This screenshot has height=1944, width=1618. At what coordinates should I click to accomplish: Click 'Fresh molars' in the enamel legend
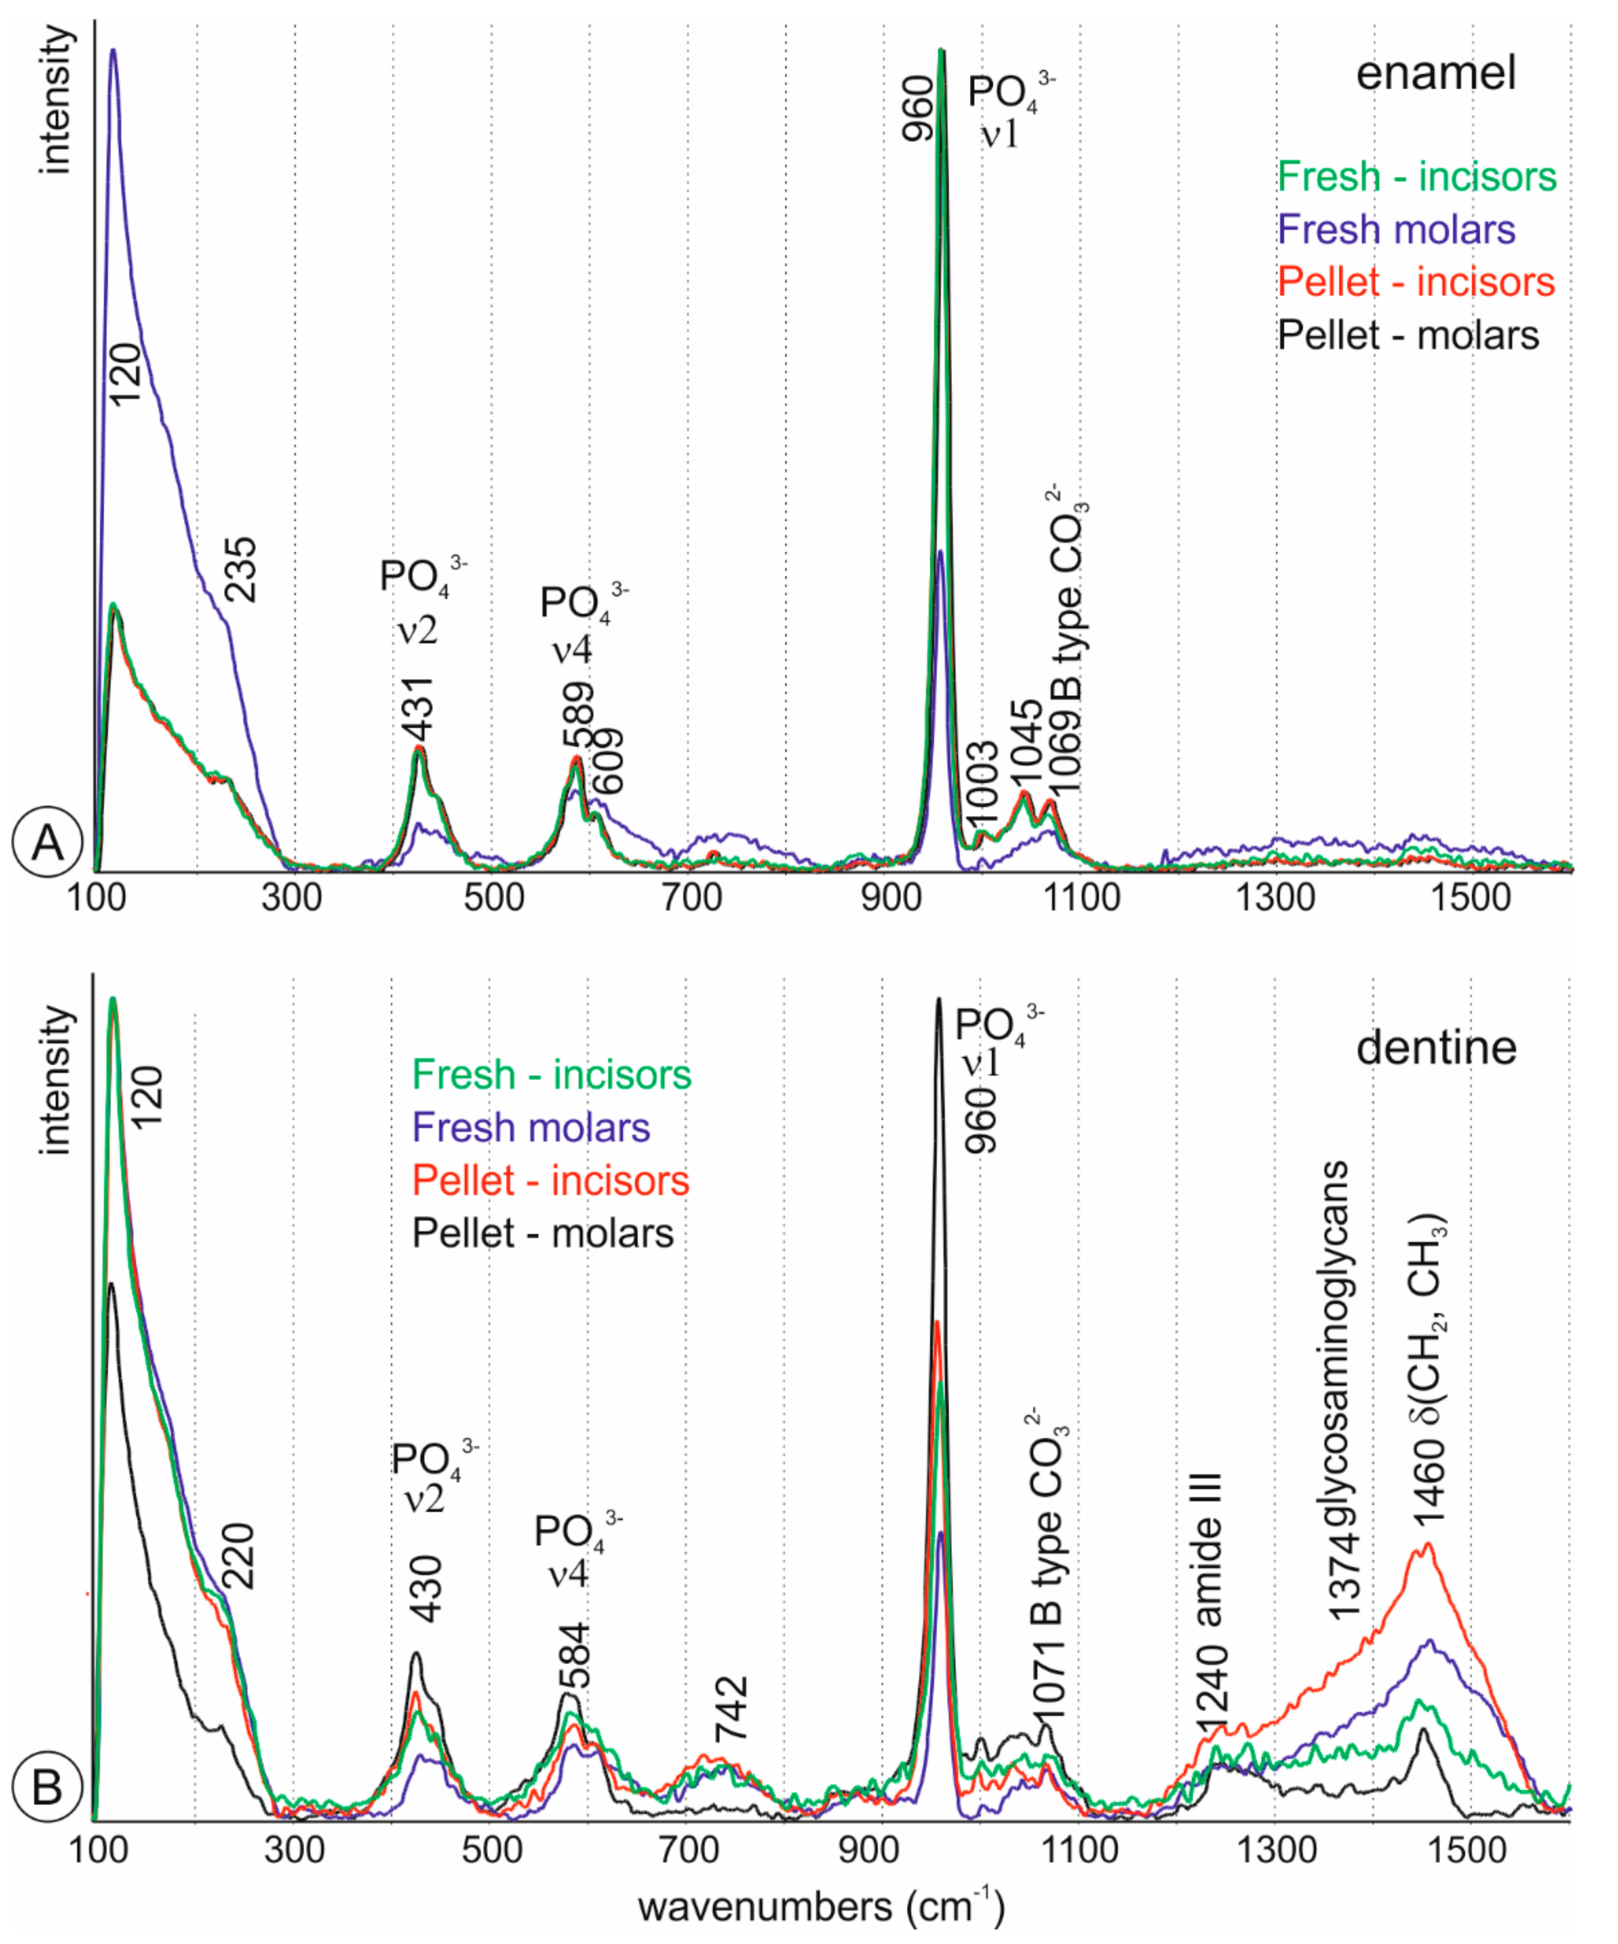pyautogui.click(x=1396, y=230)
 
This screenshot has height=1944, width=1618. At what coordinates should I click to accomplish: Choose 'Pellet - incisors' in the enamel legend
pyautogui.click(x=1416, y=283)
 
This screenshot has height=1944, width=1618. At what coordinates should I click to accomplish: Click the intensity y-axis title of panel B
pyautogui.click(x=56, y=1080)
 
